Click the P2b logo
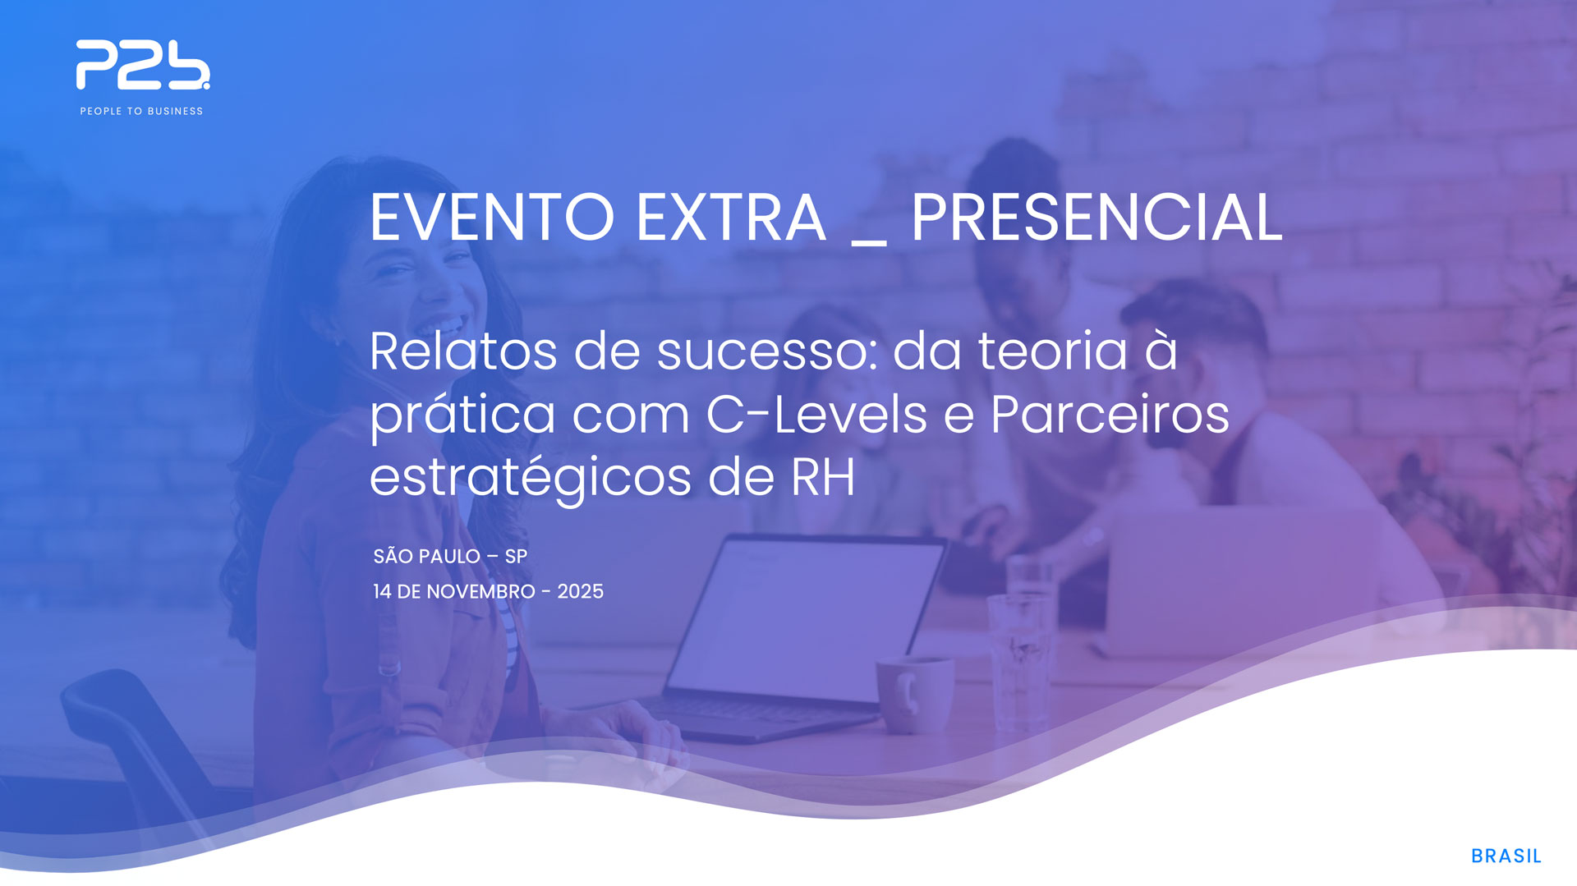[x=143, y=65]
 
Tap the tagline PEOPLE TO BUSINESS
[x=141, y=111]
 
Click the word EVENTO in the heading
[x=492, y=218]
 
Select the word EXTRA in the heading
[x=731, y=218]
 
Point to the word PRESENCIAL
[x=1097, y=218]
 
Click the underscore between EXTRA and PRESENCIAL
[x=869, y=243]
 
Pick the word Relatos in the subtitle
[x=463, y=351]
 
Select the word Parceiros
[x=1110, y=414]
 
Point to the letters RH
[x=823, y=477]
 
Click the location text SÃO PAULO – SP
[x=450, y=556]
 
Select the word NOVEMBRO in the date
[x=480, y=591]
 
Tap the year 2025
[x=580, y=591]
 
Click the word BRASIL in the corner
[x=1506, y=856]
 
